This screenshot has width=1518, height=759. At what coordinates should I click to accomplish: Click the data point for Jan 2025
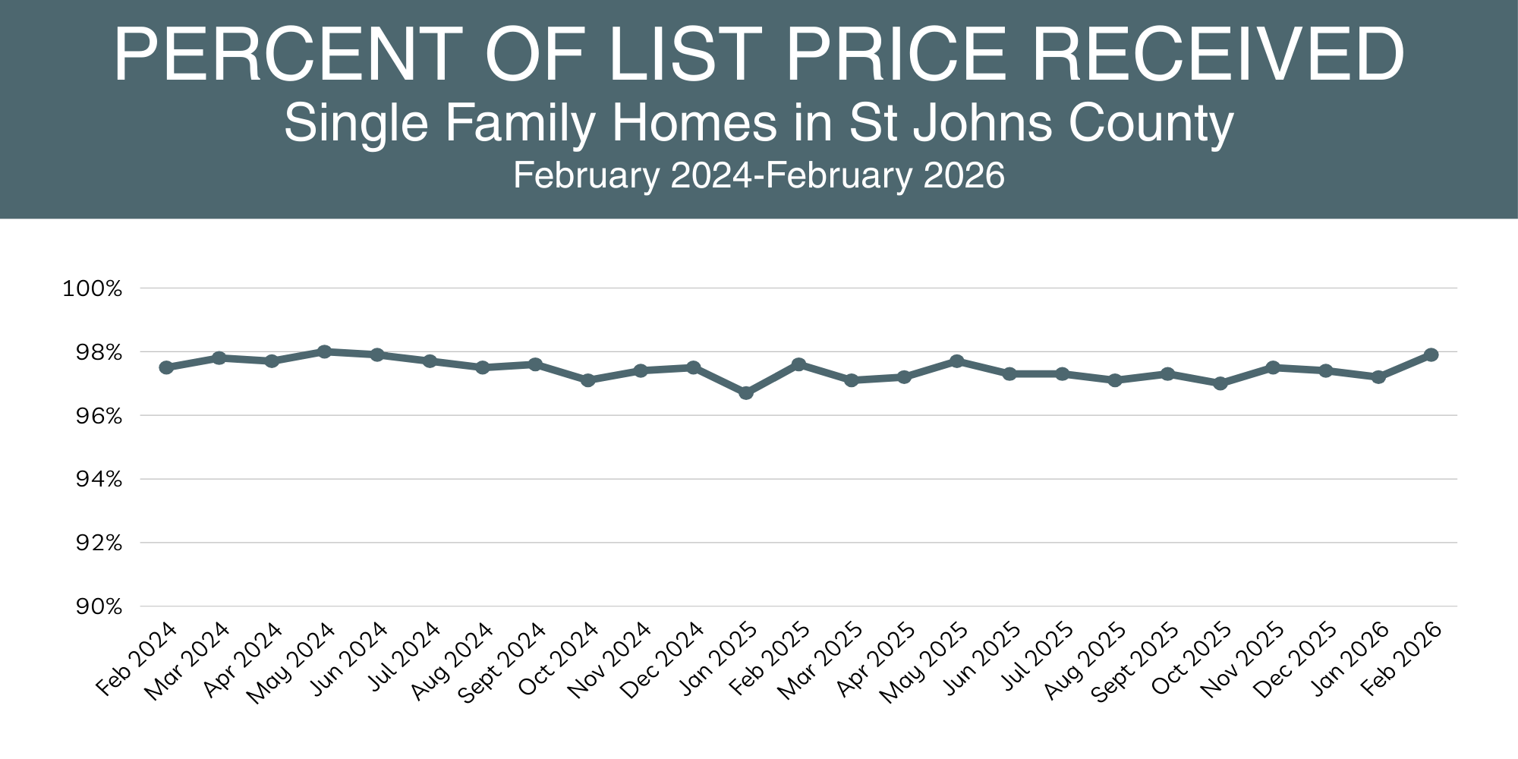[x=746, y=393]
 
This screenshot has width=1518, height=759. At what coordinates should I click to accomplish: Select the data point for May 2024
[x=325, y=351]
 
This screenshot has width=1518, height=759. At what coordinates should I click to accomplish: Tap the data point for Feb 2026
[x=1431, y=354]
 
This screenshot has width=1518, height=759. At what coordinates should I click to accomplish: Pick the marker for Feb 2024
[x=166, y=367]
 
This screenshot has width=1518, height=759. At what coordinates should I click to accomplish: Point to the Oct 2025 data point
[x=1220, y=383]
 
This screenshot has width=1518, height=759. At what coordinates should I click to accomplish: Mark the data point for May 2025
[x=957, y=361]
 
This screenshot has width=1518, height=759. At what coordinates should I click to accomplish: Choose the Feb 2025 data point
[x=798, y=364]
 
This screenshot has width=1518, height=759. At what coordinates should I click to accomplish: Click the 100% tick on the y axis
[x=92, y=288]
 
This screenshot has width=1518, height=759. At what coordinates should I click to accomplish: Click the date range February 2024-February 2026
[x=759, y=175]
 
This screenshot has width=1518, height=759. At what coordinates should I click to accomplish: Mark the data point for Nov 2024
[x=641, y=370]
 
